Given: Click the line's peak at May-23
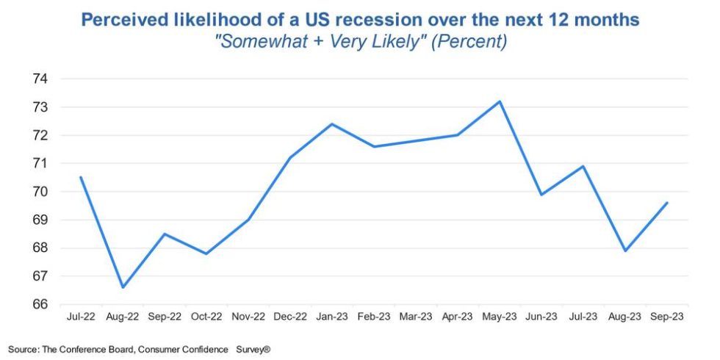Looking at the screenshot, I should point(500,101).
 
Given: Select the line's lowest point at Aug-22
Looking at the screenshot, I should point(123,287).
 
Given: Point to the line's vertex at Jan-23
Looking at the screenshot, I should point(332,124).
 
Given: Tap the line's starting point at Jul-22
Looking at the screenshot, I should point(81,177).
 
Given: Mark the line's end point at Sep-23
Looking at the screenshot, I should point(667,203).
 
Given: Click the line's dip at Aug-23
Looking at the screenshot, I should point(625,251).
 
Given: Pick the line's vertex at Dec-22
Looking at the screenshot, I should point(290,158).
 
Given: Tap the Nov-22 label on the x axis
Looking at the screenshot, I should point(248,317).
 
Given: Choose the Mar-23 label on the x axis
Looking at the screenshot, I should point(416,317).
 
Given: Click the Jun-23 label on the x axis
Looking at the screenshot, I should point(541,317).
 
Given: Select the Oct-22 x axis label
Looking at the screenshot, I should point(206,317).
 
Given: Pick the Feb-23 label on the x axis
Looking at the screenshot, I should point(374,317).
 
